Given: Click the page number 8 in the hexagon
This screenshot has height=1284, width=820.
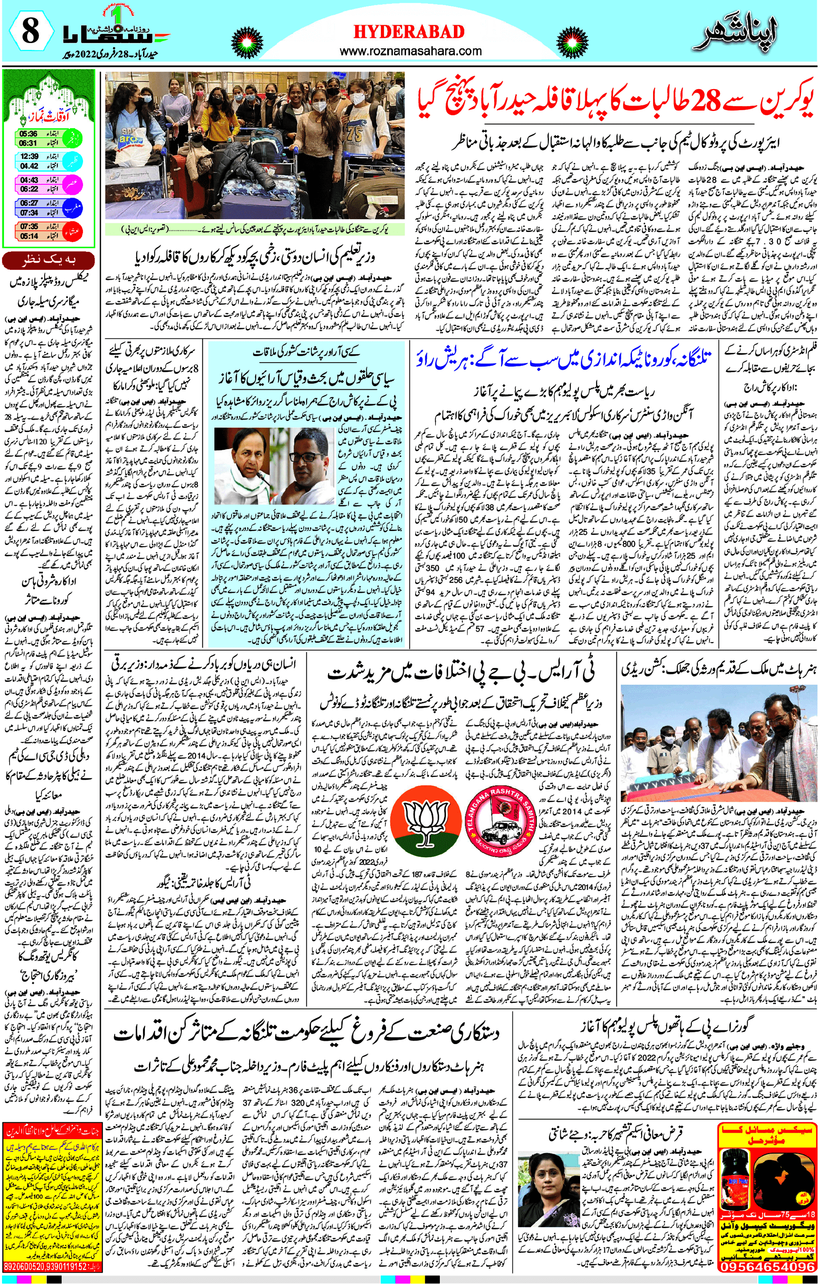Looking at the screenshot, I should [30, 32].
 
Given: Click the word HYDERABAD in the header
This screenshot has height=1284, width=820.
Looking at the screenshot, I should [409, 32].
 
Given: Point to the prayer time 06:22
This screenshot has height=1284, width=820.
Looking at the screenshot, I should [29, 189].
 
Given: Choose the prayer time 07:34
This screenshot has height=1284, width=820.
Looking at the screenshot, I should [29, 212].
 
